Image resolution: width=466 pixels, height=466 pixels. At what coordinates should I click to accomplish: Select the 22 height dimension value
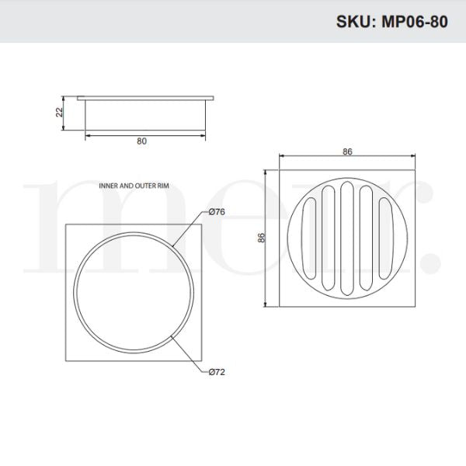(x=59, y=113)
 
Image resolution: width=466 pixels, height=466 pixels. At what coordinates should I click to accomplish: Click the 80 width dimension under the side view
(x=141, y=141)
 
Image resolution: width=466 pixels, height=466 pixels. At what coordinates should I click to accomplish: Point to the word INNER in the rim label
(x=110, y=187)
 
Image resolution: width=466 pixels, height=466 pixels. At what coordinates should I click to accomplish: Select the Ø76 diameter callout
(x=216, y=212)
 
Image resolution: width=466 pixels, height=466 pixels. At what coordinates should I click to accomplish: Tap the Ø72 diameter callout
(x=216, y=372)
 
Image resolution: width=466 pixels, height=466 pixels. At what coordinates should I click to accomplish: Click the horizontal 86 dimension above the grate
(x=347, y=151)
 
